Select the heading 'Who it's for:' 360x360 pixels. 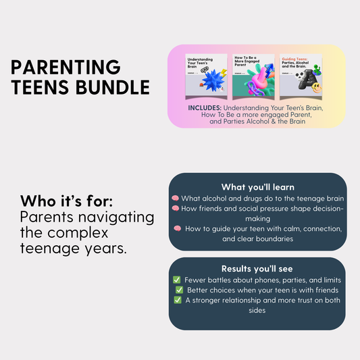(x=63, y=202)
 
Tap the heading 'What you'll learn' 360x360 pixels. (x=257, y=186)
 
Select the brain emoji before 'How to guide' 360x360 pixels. (x=178, y=228)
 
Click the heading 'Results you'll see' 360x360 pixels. (x=257, y=269)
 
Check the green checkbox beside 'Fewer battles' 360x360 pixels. (x=177, y=280)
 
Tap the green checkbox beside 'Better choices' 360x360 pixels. (x=180, y=290)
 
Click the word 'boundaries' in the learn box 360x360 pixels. (x=276, y=238)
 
